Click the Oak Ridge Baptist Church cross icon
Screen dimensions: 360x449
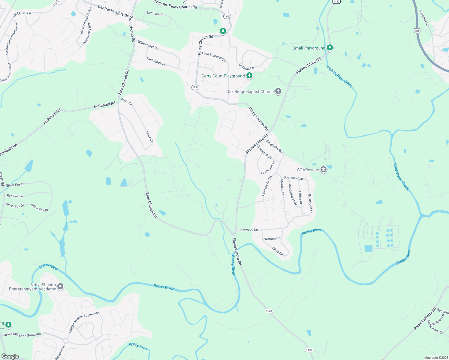point(278,91)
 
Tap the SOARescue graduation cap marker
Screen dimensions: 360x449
point(323,170)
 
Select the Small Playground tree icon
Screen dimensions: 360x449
point(330,48)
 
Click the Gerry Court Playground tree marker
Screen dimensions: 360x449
point(249,76)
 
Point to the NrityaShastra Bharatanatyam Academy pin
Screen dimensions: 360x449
point(60,286)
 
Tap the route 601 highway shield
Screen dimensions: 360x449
point(417,31)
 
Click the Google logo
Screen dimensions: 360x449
point(10,356)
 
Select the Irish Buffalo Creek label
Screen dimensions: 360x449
point(339,76)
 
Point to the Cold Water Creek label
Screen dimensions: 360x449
point(401,177)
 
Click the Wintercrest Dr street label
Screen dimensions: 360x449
point(148,45)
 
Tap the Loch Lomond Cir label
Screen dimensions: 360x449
point(214,57)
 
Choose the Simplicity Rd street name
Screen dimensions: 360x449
point(274,146)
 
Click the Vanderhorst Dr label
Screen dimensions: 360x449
point(292,194)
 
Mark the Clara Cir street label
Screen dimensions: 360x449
point(278,251)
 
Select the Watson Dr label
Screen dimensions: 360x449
point(272,239)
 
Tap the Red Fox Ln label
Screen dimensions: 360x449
point(15,196)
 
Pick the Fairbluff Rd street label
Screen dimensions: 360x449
point(424,19)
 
